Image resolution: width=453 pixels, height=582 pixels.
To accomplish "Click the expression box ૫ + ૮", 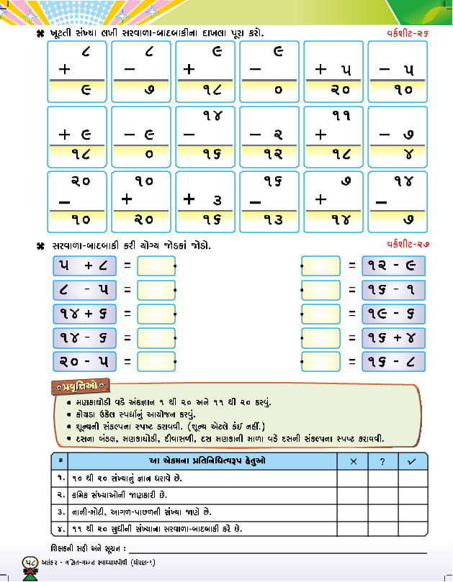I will click(84, 266).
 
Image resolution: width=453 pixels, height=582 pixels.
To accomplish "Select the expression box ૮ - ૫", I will click(84, 291).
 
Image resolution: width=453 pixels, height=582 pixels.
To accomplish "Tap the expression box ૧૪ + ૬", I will click(84, 314).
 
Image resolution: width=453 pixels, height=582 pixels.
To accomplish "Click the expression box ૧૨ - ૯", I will click(393, 266).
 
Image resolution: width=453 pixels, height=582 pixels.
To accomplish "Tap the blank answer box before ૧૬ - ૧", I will click(321, 291).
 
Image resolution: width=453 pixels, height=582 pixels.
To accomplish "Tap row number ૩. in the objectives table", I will click(61, 511).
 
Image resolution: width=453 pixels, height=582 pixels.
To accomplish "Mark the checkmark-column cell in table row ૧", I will click(413, 478).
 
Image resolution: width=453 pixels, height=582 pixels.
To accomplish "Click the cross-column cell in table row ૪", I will click(353, 529).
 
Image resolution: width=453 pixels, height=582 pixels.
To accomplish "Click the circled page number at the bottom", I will click(31, 564).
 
